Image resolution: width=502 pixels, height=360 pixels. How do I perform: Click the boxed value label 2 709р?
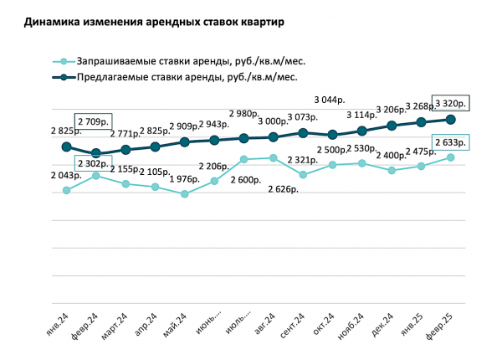92,121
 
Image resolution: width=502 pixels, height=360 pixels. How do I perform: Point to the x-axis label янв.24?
58,322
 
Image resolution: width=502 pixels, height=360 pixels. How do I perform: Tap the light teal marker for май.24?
184,194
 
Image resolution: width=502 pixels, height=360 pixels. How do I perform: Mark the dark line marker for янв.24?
66,147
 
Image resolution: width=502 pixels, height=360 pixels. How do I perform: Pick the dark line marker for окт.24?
332,135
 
